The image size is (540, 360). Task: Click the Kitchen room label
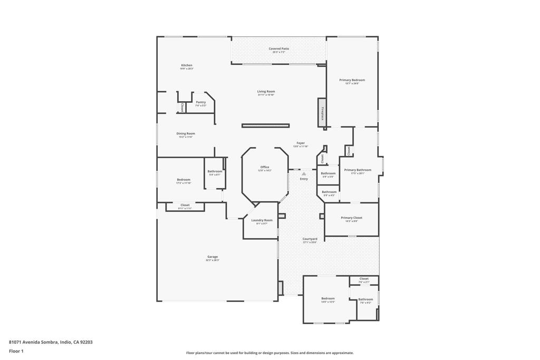click(187, 65)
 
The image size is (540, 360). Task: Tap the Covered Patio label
click(279, 48)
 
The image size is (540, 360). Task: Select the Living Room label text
click(266, 91)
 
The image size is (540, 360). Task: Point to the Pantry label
click(200, 102)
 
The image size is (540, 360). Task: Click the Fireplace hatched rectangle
click(322, 113)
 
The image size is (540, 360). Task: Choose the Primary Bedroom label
click(352, 80)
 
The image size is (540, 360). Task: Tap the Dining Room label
click(186, 133)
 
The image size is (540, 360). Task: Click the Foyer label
click(301, 143)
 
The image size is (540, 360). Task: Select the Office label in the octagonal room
click(265, 167)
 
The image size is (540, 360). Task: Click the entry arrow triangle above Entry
click(304, 173)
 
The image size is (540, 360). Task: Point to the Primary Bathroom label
click(358, 170)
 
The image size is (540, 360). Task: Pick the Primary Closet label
click(351, 218)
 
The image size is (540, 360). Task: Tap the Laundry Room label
click(262, 220)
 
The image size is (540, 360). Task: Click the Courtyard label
click(310, 239)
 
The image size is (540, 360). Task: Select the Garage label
click(213, 257)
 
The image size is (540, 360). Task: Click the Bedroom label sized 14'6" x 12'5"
click(328, 298)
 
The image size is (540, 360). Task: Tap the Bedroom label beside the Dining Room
click(184, 180)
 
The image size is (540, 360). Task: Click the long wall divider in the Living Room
click(265, 125)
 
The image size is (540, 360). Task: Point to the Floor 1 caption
click(16, 351)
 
